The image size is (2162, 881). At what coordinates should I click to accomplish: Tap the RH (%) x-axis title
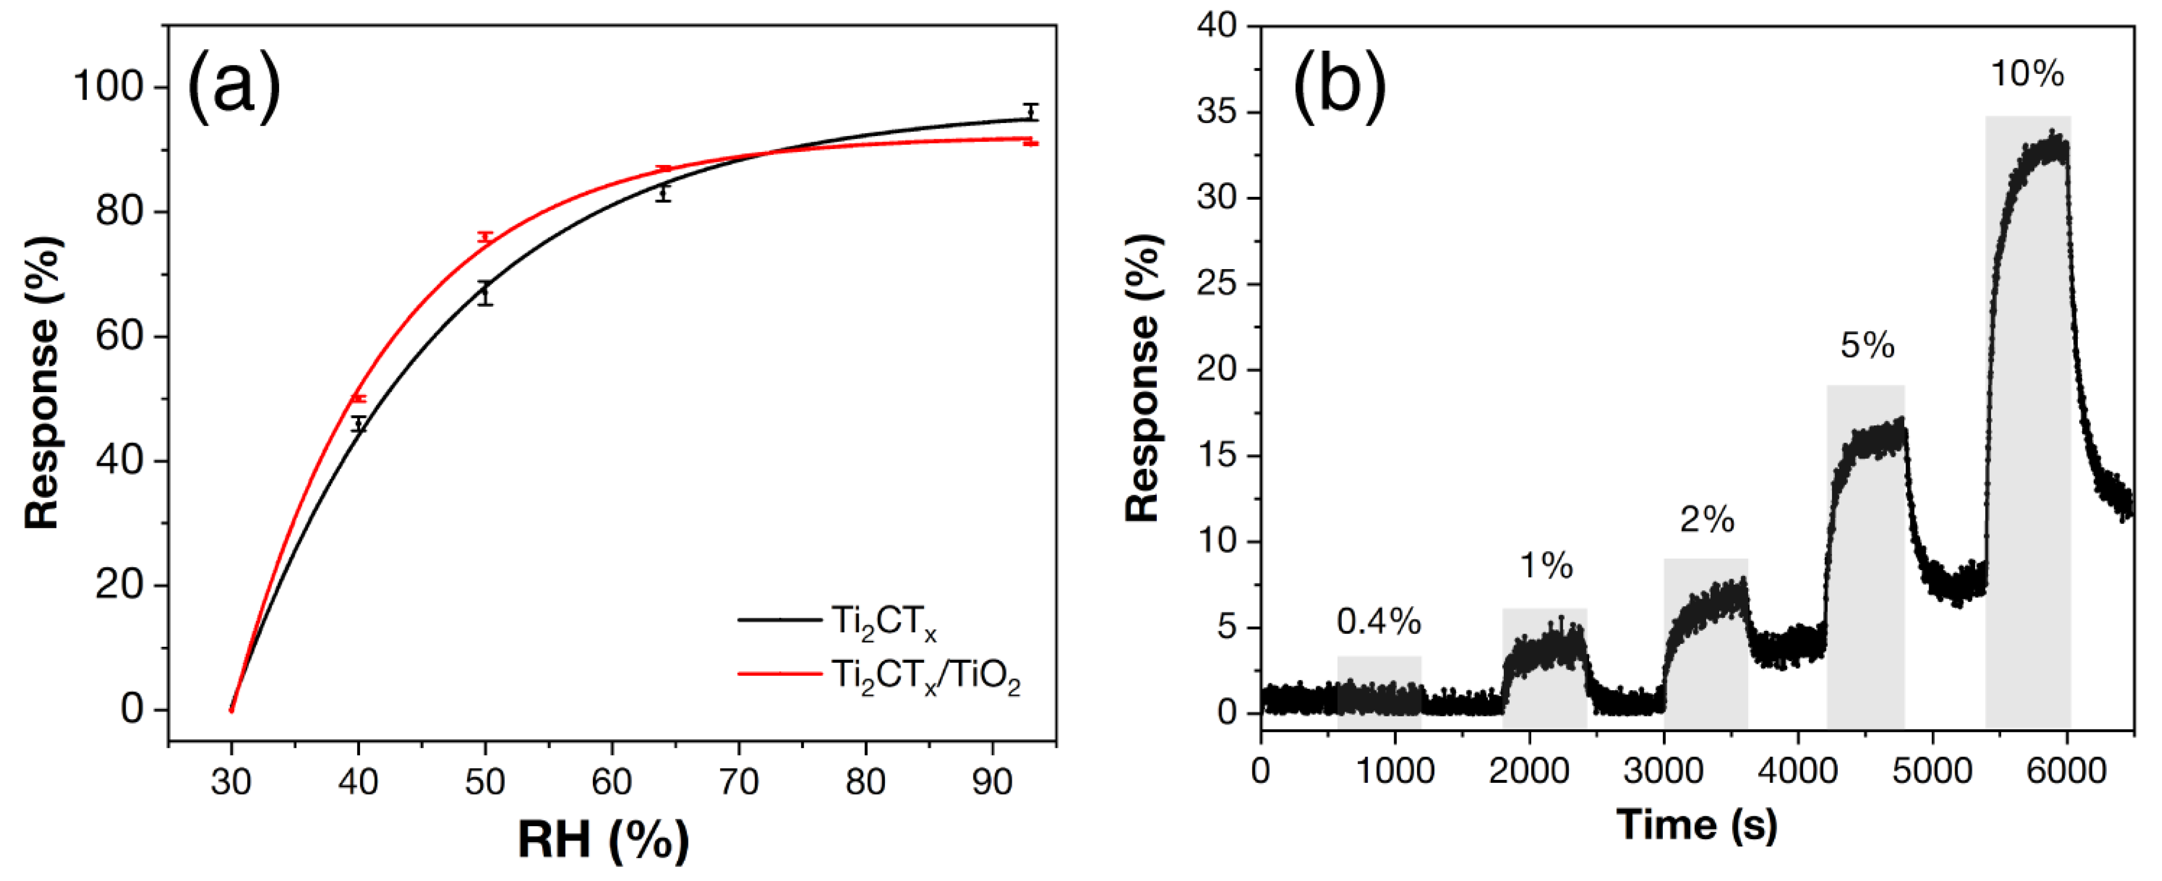pyautogui.click(x=603, y=840)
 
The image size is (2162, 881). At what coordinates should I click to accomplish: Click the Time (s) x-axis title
pyautogui.click(x=1696, y=824)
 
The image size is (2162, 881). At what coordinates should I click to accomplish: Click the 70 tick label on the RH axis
pyautogui.click(x=738, y=782)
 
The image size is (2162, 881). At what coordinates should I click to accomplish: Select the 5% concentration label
pyautogui.click(x=1867, y=345)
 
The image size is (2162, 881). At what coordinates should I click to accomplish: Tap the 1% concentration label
pyautogui.click(x=1546, y=567)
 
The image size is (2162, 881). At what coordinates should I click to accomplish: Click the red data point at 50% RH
pyautogui.click(x=484, y=238)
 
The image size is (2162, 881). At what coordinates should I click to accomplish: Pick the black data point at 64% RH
pyautogui.click(x=663, y=193)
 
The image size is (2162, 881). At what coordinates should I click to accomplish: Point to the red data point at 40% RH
pyautogui.click(x=359, y=399)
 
